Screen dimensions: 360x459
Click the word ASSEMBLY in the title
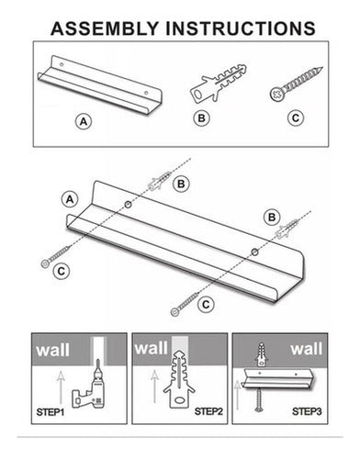104,28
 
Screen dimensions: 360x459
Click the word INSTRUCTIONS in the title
241,28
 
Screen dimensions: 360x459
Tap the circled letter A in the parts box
84,121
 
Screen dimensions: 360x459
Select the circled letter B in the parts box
201,118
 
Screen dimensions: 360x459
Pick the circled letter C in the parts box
296,118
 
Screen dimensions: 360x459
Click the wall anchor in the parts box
219,83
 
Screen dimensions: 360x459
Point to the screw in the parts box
297,84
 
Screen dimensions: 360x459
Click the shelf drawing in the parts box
99,84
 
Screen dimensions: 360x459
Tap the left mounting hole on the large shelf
128,205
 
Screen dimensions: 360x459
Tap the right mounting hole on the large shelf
254,252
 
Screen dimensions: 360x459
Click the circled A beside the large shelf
70,199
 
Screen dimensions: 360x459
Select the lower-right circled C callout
206,305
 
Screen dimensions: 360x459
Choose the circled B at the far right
272,218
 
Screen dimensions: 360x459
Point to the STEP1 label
51,412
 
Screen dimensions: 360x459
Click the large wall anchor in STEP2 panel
179,379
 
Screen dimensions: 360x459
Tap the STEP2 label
208,411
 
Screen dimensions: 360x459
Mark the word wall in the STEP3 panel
307,349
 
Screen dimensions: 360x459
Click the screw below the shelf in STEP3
260,399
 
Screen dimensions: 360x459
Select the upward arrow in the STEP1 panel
62,387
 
